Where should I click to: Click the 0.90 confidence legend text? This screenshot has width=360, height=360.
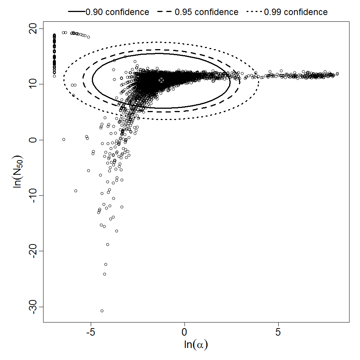pyautogui.click(x=117, y=12)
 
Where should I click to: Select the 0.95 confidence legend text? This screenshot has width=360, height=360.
pyautogui.click(x=207, y=12)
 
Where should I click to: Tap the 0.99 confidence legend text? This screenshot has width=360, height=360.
pyautogui.click(x=296, y=12)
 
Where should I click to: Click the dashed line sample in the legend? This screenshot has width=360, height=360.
pyautogui.click(x=165, y=12)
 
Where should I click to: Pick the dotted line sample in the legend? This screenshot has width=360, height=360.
pyautogui.click(x=255, y=12)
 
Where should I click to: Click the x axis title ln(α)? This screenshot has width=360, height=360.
pyautogui.click(x=196, y=345)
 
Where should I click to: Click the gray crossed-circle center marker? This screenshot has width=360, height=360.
pyautogui.click(x=161, y=80)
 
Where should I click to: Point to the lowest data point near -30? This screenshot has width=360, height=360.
pyautogui.click(x=102, y=311)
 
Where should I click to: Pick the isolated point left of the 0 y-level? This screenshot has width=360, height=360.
pyautogui.click(x=64, y=139)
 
